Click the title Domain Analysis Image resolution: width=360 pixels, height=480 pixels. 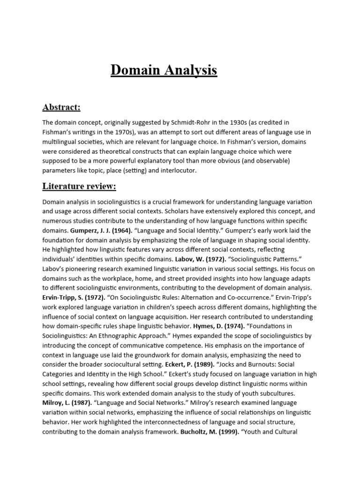(164, 70)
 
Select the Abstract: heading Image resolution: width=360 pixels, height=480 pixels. (61, 107)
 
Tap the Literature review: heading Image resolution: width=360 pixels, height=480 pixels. (79, 186)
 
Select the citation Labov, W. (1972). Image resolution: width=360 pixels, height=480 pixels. (197, 259)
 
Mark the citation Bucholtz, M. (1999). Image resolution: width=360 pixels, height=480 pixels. (209, 431)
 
